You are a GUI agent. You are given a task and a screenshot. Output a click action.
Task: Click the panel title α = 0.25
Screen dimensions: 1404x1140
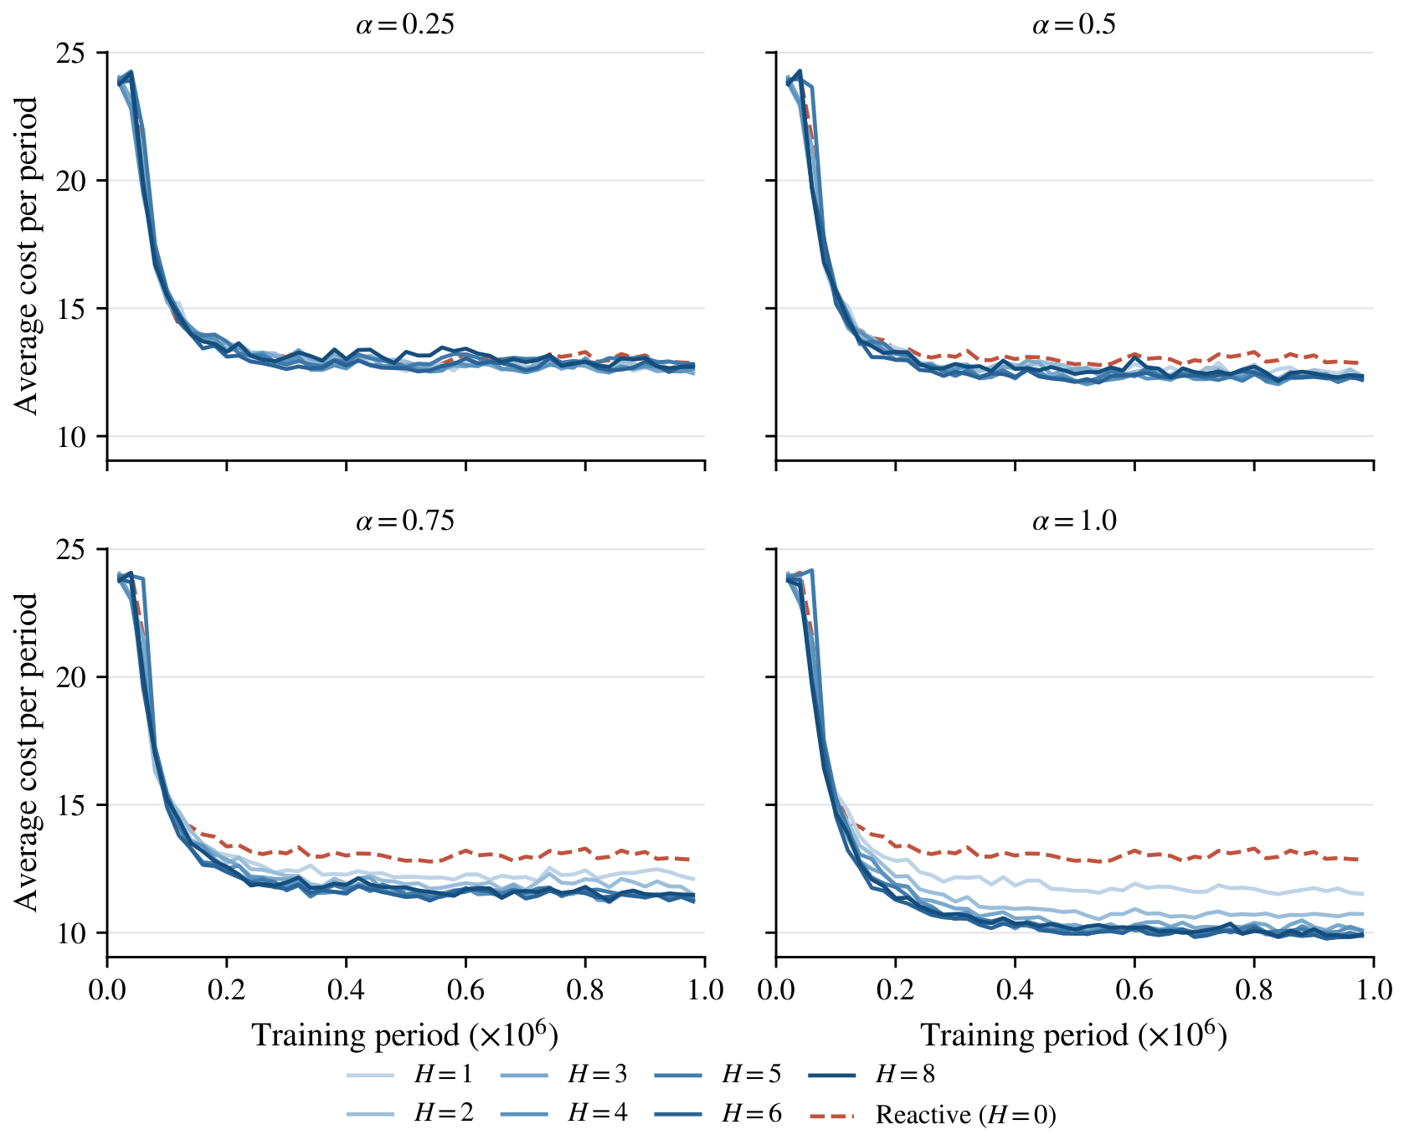(405, 24)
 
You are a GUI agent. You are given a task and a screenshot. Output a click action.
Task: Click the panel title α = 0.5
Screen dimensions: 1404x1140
(1074, 24)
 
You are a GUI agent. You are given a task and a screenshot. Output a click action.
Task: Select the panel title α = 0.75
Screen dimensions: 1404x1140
(405, 521)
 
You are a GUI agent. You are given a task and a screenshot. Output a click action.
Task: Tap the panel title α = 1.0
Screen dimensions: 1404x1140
(1074, 521)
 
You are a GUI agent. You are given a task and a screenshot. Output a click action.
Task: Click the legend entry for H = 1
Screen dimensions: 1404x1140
(409, 1074)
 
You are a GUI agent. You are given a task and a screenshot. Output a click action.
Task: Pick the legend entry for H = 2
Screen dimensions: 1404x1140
(409, 1112)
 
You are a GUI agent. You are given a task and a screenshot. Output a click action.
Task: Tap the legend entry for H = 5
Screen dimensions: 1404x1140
(717, 1074)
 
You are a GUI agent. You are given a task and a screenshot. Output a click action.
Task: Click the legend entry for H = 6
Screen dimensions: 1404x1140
(717, 1112)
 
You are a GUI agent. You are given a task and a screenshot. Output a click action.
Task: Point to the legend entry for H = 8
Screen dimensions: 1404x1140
(872, 1074)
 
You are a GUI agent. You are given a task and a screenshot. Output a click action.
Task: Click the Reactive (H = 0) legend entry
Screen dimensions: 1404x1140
(933, 1114)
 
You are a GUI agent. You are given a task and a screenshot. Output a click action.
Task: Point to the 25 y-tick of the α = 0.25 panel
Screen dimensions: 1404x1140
(72, 53)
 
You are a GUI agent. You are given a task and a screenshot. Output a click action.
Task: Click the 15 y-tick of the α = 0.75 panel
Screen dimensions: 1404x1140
(72, 805)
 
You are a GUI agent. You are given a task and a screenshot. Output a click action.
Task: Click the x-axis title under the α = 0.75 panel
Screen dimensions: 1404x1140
(405, 1035)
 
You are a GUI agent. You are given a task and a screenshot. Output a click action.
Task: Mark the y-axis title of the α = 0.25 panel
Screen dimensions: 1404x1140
(27, 256)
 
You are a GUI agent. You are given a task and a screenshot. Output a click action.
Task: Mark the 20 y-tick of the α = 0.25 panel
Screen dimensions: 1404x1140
(72, 181)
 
